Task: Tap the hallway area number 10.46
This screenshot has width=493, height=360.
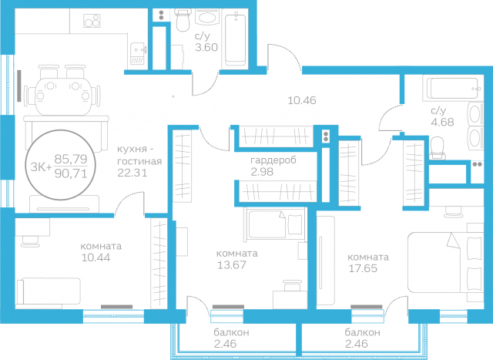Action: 302,100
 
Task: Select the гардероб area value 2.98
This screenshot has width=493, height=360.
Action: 263,170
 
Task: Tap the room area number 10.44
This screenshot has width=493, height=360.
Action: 95,258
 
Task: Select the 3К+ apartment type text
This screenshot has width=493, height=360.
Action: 40,166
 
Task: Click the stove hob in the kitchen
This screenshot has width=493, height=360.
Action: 93,21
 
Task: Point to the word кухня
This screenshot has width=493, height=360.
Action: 132,149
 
